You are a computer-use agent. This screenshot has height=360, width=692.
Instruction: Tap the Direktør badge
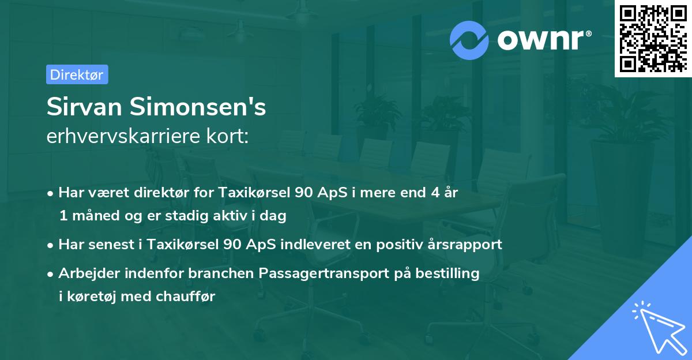pyautogui.click(x=77, y=74)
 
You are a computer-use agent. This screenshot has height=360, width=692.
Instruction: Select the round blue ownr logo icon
pyautogui.click(x=469, y=40)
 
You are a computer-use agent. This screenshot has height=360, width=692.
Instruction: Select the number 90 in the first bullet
pyautogui.click(x=304, y=193)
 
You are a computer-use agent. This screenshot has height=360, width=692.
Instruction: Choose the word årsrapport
pyautogui.click(x=467, y=244)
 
